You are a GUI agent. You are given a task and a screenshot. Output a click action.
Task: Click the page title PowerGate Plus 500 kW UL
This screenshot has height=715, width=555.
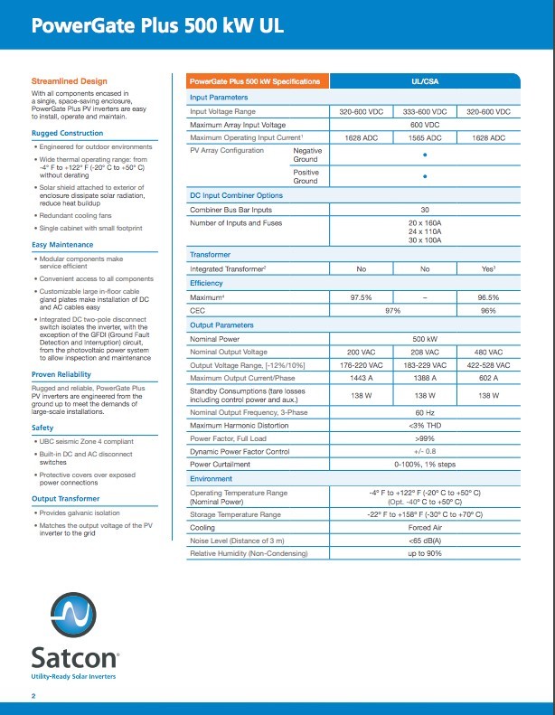click(x=157, y=26)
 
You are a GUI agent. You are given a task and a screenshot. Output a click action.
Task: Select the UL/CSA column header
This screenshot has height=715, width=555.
click(x=425, y=81)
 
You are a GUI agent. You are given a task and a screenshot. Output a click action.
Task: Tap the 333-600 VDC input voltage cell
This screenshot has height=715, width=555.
click(x=425, y=111)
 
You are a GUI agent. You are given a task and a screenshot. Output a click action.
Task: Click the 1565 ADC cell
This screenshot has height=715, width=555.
click(x=425, y=137)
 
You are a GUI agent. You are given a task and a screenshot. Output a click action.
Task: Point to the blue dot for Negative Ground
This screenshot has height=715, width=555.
click(x=425, y=155)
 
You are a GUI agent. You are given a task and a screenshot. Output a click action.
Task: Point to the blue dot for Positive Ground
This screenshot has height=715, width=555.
click(x=425, y=176)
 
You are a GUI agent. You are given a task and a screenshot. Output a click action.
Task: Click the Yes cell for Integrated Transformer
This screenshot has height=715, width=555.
click(x=488, y=269)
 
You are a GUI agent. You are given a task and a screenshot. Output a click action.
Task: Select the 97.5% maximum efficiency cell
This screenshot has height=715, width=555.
click(x=362, y=297)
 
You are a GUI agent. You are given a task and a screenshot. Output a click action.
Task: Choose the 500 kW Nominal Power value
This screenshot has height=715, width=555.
click(x=425, y=338)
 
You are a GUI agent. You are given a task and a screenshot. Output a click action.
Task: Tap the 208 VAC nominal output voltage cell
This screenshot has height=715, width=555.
click(x=425, y=352)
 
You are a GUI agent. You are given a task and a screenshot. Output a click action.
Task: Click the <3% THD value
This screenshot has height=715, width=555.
click(x=425, y=425)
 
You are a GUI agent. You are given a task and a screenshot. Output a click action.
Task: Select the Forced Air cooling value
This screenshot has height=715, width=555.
click(x=425, y=527)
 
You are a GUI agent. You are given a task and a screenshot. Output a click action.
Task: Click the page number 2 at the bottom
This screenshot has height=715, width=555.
click(x=33, y=695)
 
